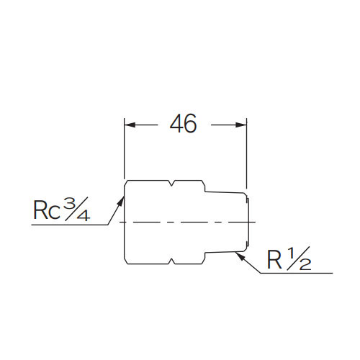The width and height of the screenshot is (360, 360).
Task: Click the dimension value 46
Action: (184, 124)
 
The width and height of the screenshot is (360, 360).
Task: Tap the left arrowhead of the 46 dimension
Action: (129, 125)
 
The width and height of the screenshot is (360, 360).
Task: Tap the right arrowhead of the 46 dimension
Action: (243, 125)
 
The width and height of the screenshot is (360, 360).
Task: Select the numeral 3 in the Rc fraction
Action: (69, 203)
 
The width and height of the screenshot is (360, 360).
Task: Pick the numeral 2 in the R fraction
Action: (305, 266)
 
